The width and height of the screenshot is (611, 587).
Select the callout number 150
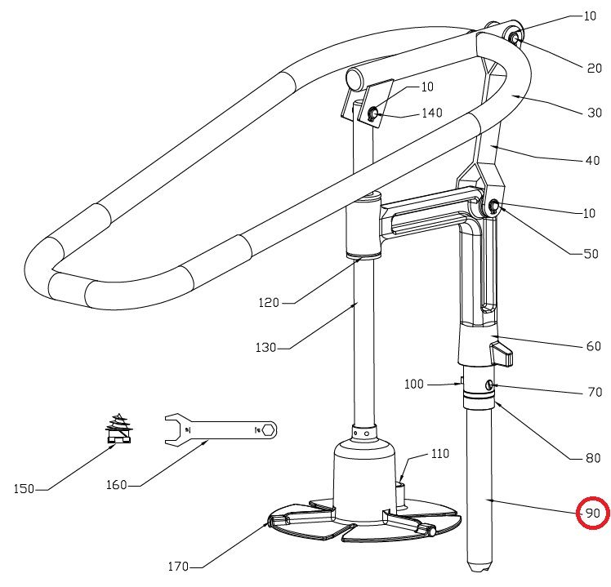[25, 489]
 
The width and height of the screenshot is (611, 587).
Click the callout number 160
[117, 484]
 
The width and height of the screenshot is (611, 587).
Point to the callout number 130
[265, 347]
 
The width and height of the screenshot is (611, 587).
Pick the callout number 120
[268, 302]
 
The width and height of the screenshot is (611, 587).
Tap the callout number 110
[439, 454]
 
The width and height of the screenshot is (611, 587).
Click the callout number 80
[593, 458]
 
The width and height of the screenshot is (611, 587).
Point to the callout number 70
[594, 392]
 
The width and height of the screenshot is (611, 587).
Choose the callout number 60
[593, 346]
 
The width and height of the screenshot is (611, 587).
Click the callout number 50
[591, 254]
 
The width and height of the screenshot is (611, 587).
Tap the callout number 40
[592, 161]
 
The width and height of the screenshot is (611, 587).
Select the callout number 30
[594, 113]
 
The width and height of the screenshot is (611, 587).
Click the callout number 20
[594, 69]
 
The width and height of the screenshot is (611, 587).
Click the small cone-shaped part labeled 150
[120, 429]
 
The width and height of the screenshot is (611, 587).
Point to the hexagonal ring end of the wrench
[268, 429]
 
